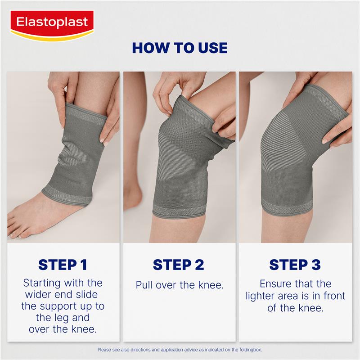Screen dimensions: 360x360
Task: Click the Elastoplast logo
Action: pos(52,25)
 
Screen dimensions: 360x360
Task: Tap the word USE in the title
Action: pos(213,48)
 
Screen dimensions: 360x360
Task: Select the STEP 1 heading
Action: pos(63,265)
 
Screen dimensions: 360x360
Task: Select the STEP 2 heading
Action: pos(178,265)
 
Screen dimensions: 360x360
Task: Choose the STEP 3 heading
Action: pos(295,265)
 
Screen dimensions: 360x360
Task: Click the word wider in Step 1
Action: pos(39,295)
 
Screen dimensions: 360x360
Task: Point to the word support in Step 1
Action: pos(59,307)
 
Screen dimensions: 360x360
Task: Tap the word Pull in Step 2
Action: pos(144,285)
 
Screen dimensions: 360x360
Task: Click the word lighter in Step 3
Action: pos(261,297)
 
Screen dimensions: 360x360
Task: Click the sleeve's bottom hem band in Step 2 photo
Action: pos(178,211)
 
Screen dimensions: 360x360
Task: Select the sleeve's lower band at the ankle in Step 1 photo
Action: pos(67,195)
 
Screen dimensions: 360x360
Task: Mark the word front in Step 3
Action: pos(334,296)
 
